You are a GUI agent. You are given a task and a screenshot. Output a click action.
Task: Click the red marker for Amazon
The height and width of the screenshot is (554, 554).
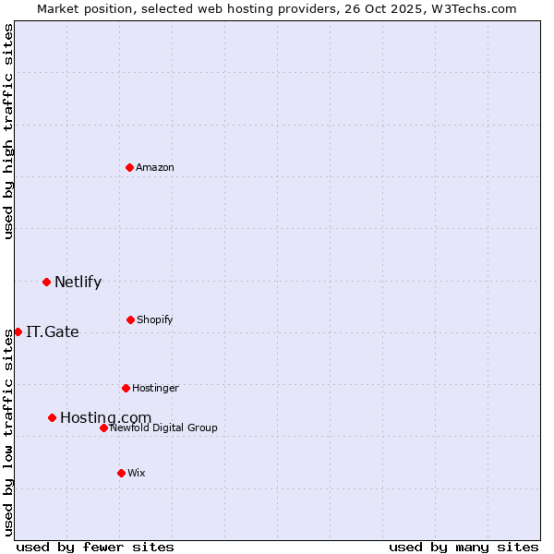tap(130, 167)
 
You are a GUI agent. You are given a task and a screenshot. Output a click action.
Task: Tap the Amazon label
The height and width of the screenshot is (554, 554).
tap(155, 168)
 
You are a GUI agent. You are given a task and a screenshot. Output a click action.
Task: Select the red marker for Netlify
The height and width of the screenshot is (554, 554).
tap(46, 282)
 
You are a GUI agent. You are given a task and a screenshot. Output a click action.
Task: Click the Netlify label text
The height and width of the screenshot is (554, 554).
tap(78, 283)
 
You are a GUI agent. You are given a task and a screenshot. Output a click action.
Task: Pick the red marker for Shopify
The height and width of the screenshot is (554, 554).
tap(130, 319)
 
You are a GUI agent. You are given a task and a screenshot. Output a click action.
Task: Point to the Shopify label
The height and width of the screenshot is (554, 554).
tap(155, 320)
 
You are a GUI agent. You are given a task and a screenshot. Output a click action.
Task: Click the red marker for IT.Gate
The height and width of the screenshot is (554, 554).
tap(18, 331)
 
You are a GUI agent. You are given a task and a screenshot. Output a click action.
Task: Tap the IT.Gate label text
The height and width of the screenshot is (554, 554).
tap(53, 332)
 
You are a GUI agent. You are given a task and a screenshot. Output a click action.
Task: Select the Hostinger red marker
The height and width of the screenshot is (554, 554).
tap(126, 388)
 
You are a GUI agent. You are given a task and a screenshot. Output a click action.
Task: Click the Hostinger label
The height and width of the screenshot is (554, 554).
tap(155, 389)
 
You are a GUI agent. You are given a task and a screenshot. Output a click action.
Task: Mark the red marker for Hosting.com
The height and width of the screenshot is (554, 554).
tap(52, 417)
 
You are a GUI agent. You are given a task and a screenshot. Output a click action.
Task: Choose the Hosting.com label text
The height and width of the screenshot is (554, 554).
tap(105, 418)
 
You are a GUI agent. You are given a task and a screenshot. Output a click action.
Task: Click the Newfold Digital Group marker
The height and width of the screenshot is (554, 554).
tap(103, 428)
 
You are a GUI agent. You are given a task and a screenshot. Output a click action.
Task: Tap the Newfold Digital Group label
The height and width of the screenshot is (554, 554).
tap(163, 428)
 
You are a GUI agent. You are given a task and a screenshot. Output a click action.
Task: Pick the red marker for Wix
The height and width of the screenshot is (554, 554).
tap(121, 473)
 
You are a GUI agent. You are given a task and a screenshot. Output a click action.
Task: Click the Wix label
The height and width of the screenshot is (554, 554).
tap(137, 474)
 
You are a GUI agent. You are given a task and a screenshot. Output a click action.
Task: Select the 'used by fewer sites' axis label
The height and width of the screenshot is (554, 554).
tap(95, 547)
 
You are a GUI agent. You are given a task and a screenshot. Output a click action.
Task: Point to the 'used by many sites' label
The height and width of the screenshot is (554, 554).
tap(464, 547)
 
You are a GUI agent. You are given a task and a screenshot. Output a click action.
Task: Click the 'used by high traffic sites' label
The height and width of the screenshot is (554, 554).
tap(8, 131)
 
